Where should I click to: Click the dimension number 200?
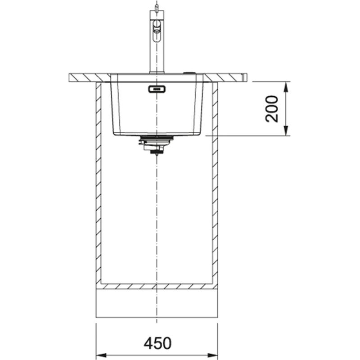pyautogui.click(x=272, y=108)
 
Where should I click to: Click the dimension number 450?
pyautogui.click(x=157, y=343)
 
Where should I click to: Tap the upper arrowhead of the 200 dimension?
pyautogui.click(x=286, y=86)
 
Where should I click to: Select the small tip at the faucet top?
pyautogui.click(x=156, y=6)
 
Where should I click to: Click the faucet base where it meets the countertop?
pyautogui.click(x=156, y=72)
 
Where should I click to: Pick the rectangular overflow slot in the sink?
pyautogui.click(x=156, y=89)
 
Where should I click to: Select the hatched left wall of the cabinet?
pyautogui.click(x=99, y=180)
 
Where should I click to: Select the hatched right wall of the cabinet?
pyautogui.click(x=215, y=180)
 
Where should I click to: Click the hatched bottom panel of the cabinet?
pyautogui.click(x=157, y=286)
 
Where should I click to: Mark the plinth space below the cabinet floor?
pyautogui.click(x=157, y=303)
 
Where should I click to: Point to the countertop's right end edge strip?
pyautogui.click(x=245, y=78)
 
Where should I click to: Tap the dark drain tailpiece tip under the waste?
pyautogui.click(x=156, y=153)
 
